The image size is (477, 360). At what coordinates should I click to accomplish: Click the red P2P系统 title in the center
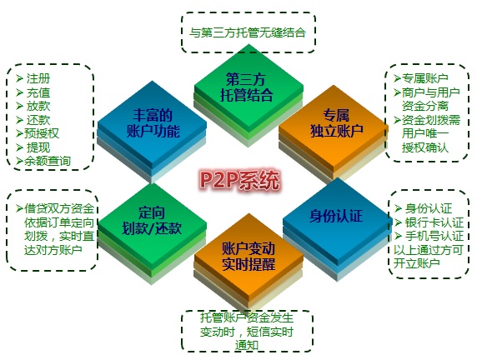coord(239,180)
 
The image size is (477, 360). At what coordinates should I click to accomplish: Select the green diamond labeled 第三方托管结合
coord(249,88)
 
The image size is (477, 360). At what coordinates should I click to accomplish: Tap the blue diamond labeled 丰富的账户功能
coord(152,124)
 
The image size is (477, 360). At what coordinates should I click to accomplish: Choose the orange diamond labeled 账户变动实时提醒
coord(249,257)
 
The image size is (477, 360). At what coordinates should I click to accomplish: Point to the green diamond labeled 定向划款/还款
coord(152,222)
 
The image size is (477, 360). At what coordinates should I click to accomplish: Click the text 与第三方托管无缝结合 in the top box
coord(248,32)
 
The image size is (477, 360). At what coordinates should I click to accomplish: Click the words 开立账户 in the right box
coord(417,263)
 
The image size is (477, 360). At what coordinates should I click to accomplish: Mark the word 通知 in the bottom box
coord(247,345)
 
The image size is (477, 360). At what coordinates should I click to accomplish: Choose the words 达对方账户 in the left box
coord(53,250)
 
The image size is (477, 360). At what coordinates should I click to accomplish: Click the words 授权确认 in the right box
coord(425,147)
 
